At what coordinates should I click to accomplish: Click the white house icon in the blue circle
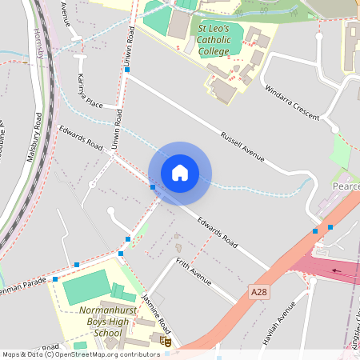click(x=180, y=173)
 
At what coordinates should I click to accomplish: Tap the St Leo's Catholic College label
click(x=214, y=40)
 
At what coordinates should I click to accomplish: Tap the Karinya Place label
click(x=85, y=92)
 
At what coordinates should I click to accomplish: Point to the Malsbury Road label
click(x=34, y=138)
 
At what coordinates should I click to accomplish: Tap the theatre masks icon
click(x=166, y=342)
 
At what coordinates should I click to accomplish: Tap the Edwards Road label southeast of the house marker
click(x=218, y=230)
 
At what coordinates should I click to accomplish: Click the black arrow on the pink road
click(x=340, y=270)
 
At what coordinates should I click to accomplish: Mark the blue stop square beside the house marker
click(x=152, y=187)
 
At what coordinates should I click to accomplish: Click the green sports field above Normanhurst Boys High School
click(x=86, y=286)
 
